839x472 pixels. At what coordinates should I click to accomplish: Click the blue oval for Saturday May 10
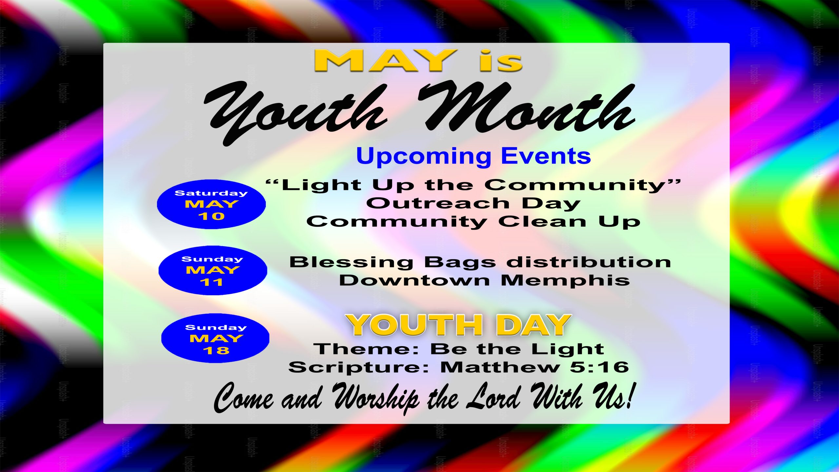pyautogui.click(x=211, y=204)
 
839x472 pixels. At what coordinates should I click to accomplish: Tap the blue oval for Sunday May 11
pyautogui.click(x=213, y=270)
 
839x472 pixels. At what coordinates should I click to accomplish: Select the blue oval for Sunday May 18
pyautogui.click(x=215, y=338)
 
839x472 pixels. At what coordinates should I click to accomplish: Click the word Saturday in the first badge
pyautogui.click(x=211, y=193)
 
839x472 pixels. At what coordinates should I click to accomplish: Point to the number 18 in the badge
pyautogui.click(x=216, y=350)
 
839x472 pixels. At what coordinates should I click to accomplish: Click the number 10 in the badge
pyautogui.click(x=211, y=216)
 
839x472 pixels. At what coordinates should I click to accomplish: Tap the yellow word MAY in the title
pyautogui.click(x=386, y=61)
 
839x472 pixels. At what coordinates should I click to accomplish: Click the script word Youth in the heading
pyautogui.click(x=295, y=113)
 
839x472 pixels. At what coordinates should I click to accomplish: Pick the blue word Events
pyautogui.click(x=546, y=156)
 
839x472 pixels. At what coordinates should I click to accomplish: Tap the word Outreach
pyautogui.click(x=438, y=203)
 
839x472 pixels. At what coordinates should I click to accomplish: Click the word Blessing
pyautogui.click(x=351, y=263)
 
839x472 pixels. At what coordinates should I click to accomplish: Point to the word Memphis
pyautogui.click(x=565, y=281)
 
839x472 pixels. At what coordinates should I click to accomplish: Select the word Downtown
pyautogui.click(x=414, y=280)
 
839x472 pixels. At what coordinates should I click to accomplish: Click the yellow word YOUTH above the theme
pyautogui.click(x=414, y=325)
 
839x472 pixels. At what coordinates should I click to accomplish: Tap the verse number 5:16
pyautogui.click(x=599, y=367)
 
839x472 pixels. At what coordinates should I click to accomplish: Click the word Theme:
pyautogui.click(x=366, y=348)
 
